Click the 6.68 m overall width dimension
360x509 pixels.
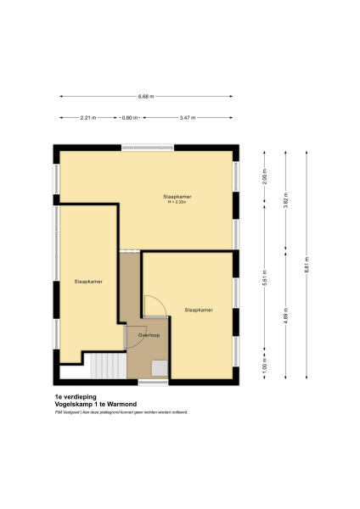(146, 97)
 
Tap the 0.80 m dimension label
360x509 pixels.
(129, 118)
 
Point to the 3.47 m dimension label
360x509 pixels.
(188, 118)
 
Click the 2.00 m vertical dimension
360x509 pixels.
(265, 179)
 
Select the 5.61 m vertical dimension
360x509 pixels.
(265, 284)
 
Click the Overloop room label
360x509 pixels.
(138, 335)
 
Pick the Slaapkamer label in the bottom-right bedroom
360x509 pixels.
(199, 310)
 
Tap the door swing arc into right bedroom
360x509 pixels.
(154, 304)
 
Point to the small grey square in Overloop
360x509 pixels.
(159, 367)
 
